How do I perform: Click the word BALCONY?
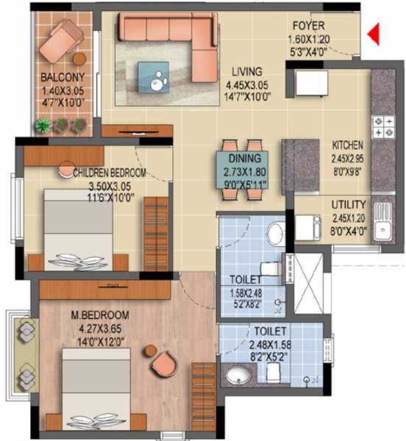coord(62,76)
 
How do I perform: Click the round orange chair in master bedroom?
coord(163,361)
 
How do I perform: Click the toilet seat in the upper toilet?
coord(276,234)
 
